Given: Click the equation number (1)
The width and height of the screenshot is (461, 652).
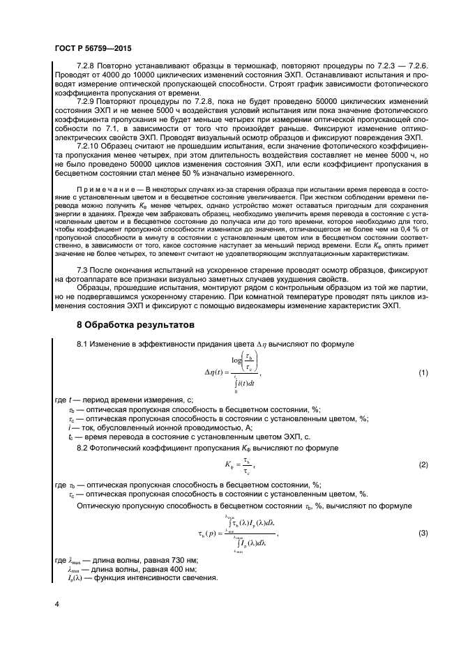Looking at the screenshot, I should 423,374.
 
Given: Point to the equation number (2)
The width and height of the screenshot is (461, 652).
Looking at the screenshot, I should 423,464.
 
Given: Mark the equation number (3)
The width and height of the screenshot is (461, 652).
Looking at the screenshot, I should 423,533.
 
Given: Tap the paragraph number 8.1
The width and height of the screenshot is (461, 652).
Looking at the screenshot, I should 82,344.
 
